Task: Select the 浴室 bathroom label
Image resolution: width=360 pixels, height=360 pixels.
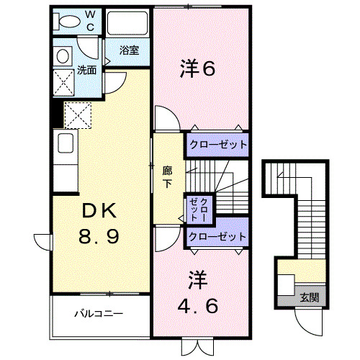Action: (x=130, y=51)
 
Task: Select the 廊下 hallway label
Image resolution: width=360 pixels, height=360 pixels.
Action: (x=167, y=176)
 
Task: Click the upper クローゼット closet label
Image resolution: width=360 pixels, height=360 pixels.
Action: (x=217, y=144)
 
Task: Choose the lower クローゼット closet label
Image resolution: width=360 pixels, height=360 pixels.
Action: (x=217, y=236)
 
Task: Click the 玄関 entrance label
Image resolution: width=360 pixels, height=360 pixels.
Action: (x=308, y=297)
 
